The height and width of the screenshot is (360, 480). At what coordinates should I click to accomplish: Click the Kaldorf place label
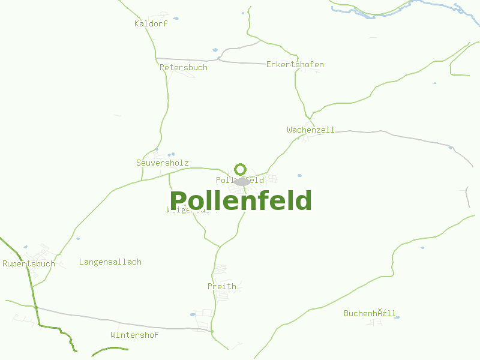click(151, 23)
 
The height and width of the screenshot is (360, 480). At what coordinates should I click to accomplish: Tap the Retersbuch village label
click(184, 67)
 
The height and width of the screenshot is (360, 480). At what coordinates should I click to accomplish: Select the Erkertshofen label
click(295, 64)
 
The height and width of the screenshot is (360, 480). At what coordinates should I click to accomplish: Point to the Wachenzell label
click(311, 130)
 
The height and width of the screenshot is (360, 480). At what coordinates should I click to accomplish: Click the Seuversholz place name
click(163, 163)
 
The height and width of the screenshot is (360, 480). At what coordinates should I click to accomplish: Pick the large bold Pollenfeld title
click(241, 200)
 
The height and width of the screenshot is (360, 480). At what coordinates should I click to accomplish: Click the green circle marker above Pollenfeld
click(241, 169)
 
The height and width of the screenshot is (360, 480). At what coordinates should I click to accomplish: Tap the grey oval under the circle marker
click(242, 182)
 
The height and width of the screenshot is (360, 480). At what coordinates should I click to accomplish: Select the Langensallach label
click(110, 262)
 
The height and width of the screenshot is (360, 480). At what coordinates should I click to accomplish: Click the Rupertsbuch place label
click(29, 263)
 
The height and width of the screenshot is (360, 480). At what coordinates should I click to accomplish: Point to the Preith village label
click(222, 286)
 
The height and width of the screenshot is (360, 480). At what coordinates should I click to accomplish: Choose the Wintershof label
click(134, 335)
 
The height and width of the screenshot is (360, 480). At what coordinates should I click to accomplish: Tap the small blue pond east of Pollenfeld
click(299, 176)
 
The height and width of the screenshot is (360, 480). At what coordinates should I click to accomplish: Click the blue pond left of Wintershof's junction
click(193, 314)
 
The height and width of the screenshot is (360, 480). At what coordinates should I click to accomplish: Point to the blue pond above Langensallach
click(78, 239)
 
